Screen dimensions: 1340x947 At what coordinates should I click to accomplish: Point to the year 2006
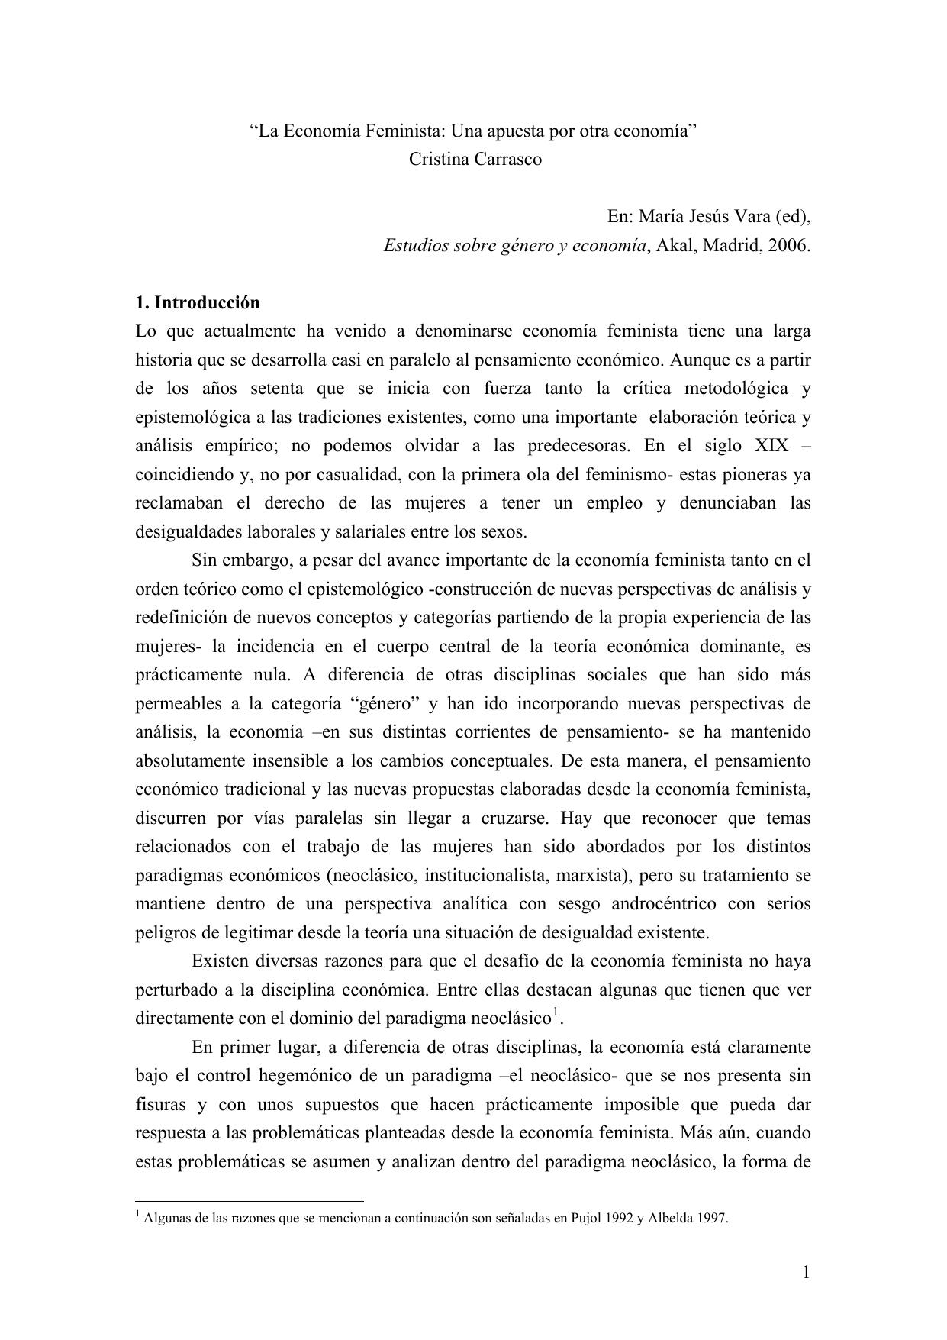[787, 246]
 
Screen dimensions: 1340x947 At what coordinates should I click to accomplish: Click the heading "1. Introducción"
[197, 302]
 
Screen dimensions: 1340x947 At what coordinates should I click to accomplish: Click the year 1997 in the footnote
[714, 1219]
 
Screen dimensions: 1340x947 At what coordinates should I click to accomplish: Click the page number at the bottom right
[806, 1272]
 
